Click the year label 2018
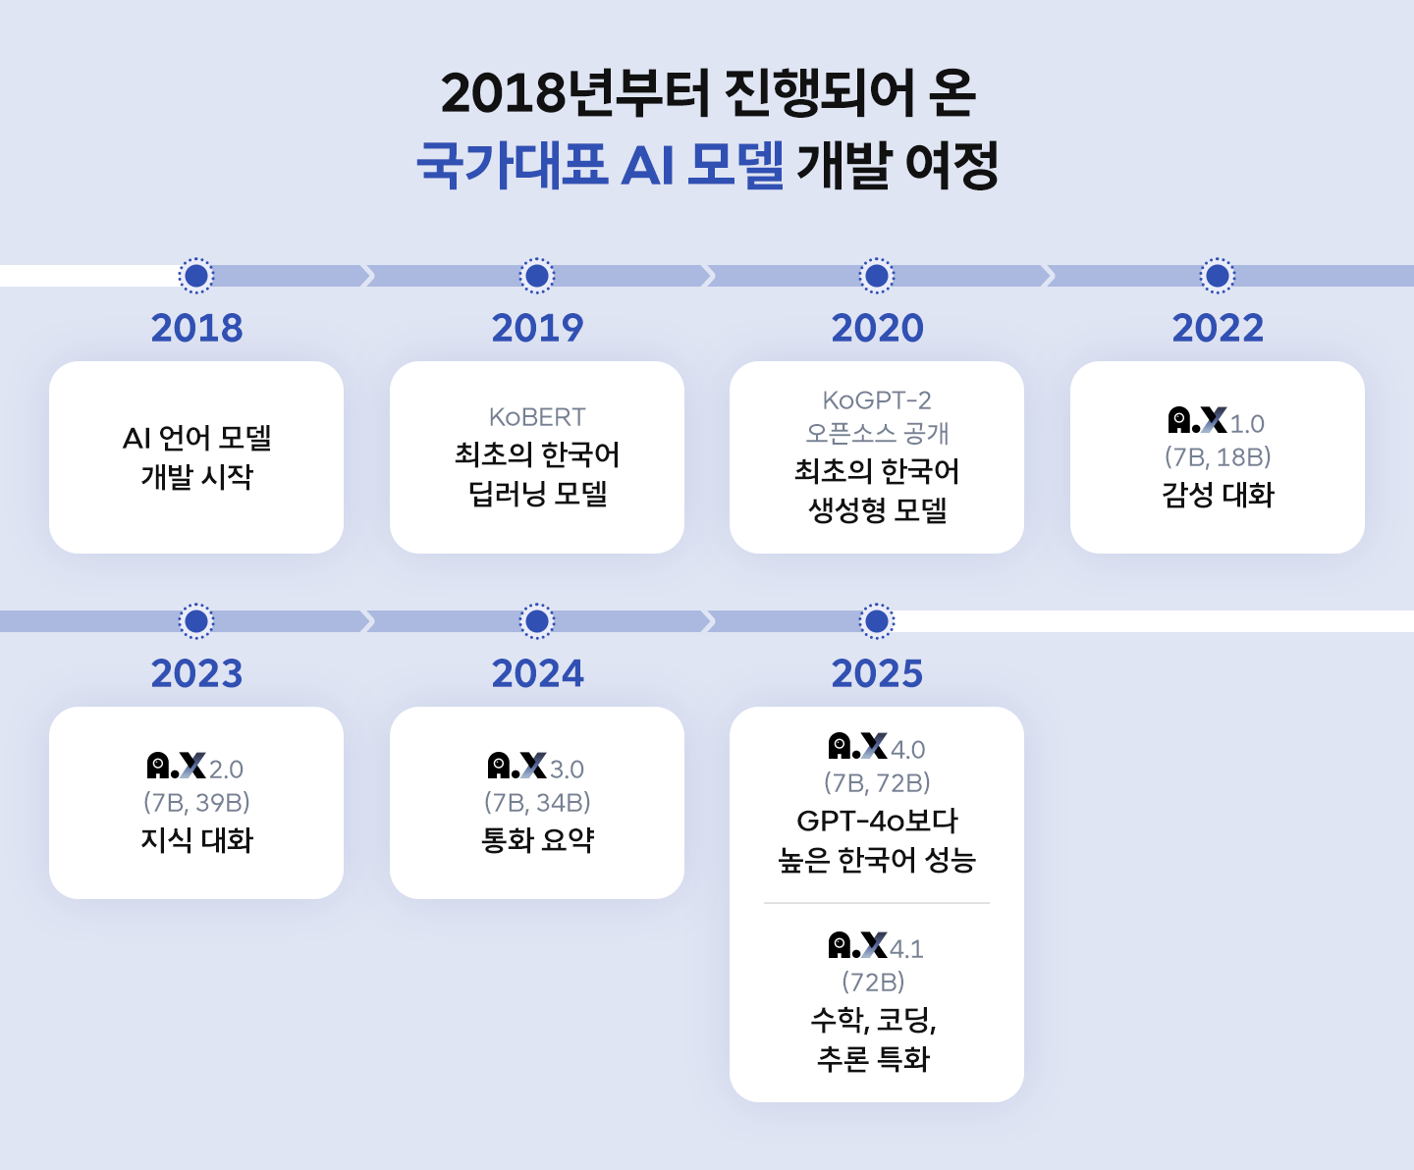[196, 328]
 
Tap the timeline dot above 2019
[537, 276]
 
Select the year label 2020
[877, 328]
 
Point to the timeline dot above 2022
[1218, 276]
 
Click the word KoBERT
[537, 417]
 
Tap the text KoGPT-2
[877, 400]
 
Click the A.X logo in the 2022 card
[1197, 421]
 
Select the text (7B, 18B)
[1218, 457]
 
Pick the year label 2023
[196, 673]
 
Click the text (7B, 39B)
[196, 803]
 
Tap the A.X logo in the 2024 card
[517, 766]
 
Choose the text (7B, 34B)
[537, 803]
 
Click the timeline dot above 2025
[877, 621]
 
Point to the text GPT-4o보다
[877, 821]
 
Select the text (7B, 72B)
[877, 783]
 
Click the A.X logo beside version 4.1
[857, 945]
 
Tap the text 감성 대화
[1218, 495]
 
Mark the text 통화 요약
[537, 840]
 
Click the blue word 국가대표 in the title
[512, 164]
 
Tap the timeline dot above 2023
[196, 621]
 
